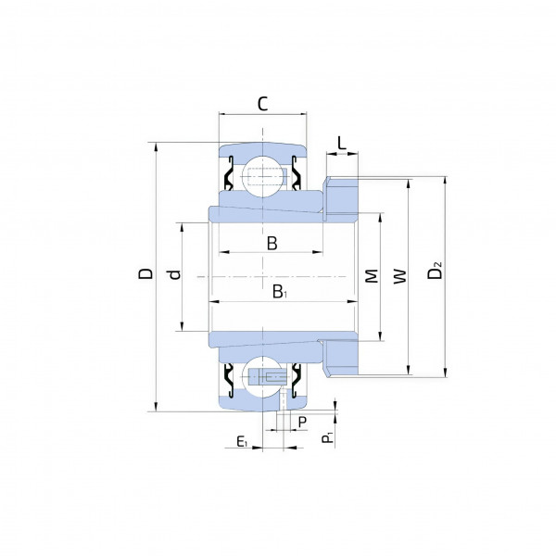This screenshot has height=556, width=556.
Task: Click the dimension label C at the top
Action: (262, 104)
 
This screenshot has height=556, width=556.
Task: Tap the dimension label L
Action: (341, 144)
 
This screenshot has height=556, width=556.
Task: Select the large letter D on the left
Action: (145, 273)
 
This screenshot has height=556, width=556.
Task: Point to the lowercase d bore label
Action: (175, 274)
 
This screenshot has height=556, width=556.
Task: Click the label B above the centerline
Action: (272, 244)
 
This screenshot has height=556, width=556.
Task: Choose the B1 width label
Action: (280, 292)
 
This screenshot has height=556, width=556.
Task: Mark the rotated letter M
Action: (372, 276)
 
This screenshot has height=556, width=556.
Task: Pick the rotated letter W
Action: (400, 276)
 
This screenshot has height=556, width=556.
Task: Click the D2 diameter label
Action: (435, 271)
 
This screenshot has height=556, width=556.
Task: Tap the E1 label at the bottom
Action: (242, 441)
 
